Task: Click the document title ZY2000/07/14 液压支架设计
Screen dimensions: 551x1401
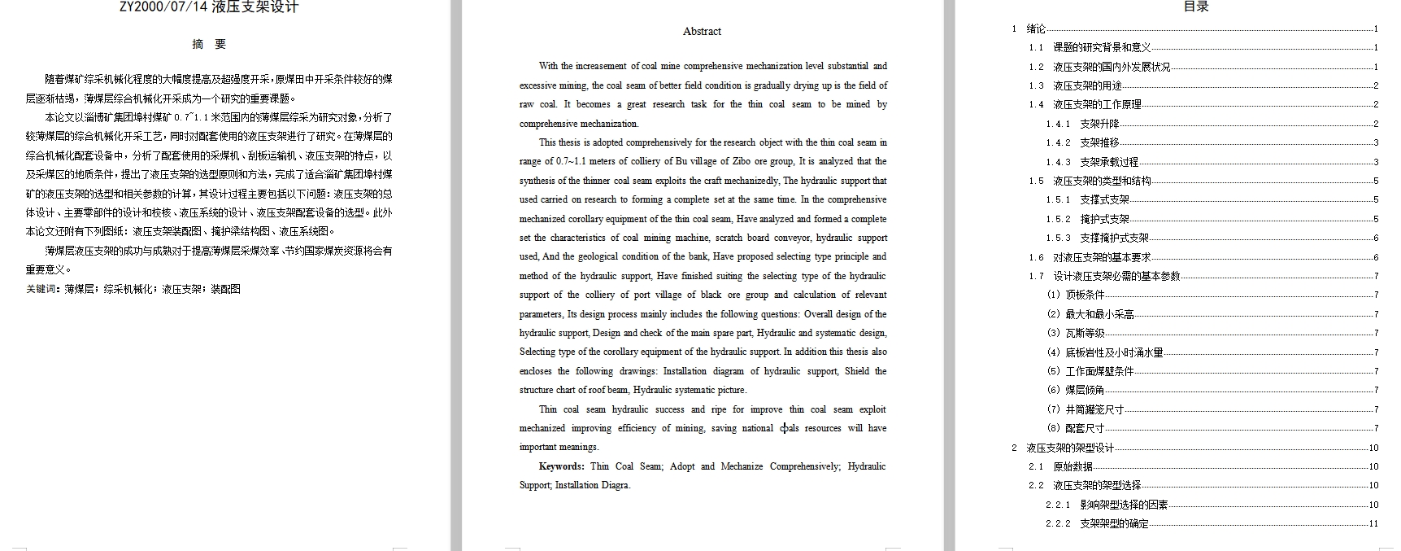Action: coord(209,7)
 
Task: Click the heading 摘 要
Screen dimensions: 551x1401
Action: coord(209,44)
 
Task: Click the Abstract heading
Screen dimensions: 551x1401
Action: coord(702,32)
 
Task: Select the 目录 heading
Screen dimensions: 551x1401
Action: coord(1195,7)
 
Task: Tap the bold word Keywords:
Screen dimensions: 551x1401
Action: coord(561,466)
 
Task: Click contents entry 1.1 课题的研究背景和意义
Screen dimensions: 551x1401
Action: coord(1101,47)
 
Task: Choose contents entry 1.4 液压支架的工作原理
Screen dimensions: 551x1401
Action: coord(1097,104)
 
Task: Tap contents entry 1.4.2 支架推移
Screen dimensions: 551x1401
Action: coord(1099,142)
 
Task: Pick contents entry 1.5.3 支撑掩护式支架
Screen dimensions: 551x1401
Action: coord(1113,238)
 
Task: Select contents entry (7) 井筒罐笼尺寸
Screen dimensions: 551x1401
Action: coord(1094,409)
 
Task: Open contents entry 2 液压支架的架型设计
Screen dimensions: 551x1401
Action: coord(1069,448)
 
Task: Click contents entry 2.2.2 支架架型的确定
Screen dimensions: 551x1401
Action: coord(1113,523)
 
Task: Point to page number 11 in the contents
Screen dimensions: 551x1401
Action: coord(1373,523)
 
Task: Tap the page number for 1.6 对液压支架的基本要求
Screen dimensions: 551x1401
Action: coord(1376,257)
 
